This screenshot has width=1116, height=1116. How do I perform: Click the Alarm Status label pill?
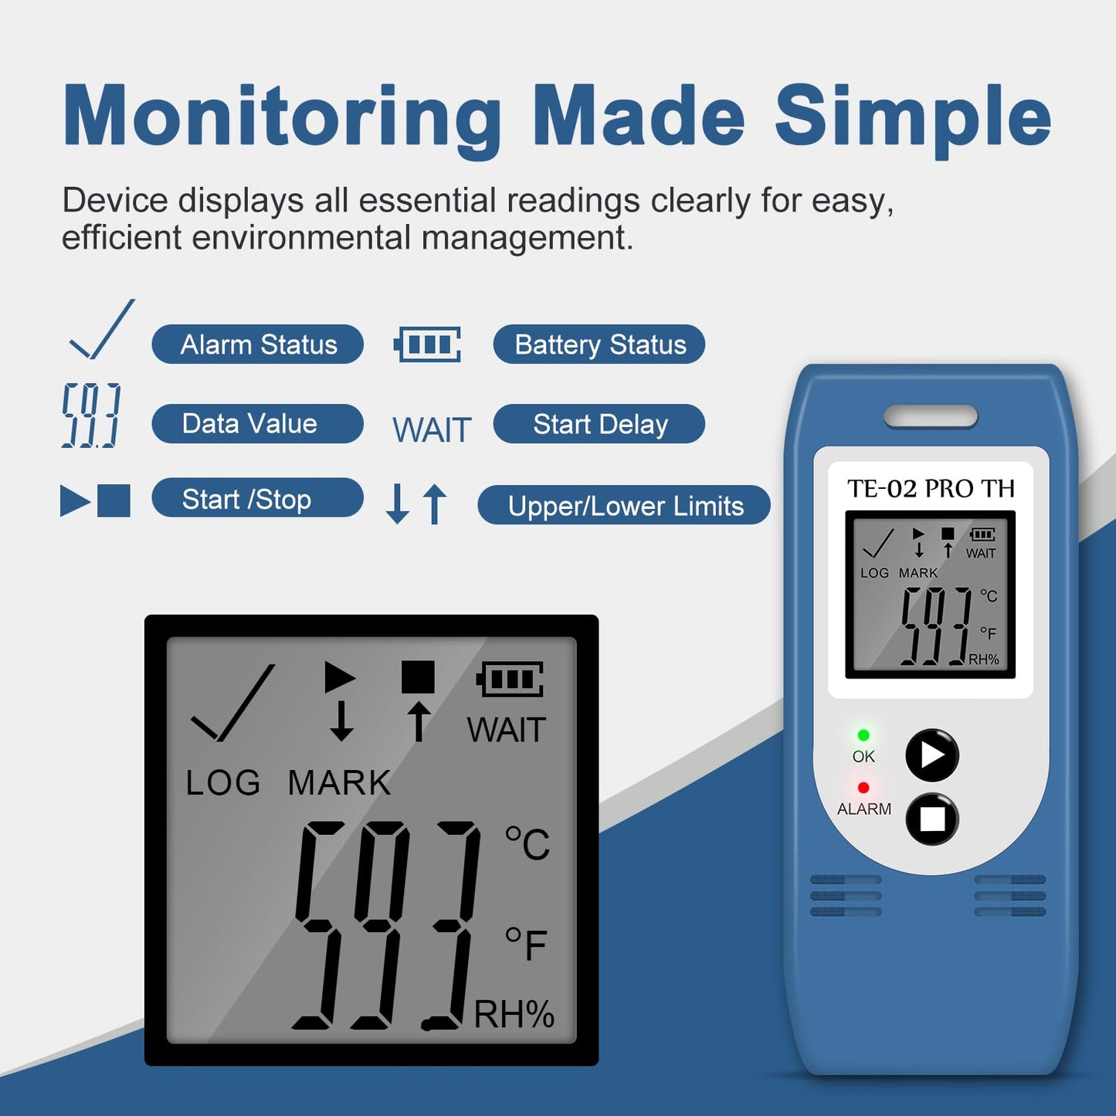(x=258, y=344)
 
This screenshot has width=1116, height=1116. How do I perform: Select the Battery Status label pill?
(x=599, y=344)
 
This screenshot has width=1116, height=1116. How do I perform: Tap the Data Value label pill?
(x=258, y=423)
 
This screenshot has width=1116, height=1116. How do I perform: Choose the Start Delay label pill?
(x=599, y=423)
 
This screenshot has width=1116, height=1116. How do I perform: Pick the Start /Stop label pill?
(x=258, y=497)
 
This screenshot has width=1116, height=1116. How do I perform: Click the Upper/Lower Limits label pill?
(x=624, y=505)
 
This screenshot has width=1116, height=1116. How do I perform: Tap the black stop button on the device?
(x=932, y=819)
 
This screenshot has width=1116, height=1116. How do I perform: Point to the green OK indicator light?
(x=863, y=735)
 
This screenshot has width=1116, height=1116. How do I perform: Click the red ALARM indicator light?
(x=863, y=788)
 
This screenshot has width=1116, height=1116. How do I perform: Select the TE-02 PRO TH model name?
(x=931, y=489)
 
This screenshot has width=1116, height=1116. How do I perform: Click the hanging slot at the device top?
(x=931, y=417)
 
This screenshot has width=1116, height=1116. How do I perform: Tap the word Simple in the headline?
(x=913, y=117)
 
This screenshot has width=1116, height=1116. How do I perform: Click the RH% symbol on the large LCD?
(x=514, y=1015)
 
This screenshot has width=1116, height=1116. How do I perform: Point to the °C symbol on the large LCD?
(x=527, y=843)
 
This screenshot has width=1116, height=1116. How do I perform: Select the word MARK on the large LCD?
(x=339, y=783)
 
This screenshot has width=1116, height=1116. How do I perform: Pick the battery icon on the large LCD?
(x=510, y=679)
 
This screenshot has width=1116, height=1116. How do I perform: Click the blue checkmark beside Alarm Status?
(x=102, y=329)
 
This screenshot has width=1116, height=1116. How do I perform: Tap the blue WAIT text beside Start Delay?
(x=432, y=429)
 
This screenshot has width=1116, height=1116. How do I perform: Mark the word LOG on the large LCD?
(x=223, y=783)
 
